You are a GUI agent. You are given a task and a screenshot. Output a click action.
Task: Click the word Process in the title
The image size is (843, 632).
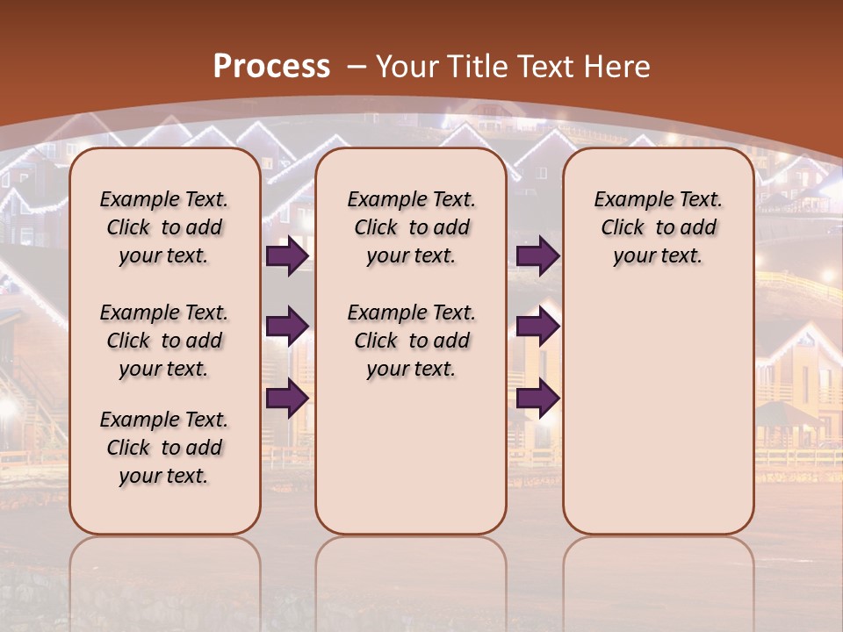[x=271, y=66]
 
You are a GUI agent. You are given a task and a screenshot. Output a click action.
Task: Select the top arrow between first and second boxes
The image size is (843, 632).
[x=287, y=255]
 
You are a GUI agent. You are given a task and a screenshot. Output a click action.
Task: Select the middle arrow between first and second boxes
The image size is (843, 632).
[x=287, y=327]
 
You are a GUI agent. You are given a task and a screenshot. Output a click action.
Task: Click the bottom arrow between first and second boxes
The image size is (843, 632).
[x=287, y=398]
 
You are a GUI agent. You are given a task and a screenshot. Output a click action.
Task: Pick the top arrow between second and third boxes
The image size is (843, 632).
[x=537, y=255]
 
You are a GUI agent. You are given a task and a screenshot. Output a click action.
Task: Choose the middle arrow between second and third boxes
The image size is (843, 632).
[x=537, y=327]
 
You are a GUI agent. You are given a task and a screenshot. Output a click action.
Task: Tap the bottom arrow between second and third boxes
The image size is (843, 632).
[x=537, y=398]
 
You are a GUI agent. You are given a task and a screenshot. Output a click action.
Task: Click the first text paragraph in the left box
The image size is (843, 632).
[x=164, y=227]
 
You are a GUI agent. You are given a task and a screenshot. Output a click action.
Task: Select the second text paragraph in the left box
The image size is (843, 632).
[x=164, y=341]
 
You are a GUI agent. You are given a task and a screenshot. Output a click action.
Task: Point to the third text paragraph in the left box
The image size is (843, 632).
[x=164, y=448]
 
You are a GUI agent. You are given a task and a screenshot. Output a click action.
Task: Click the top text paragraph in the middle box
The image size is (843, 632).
[x=411, y=227]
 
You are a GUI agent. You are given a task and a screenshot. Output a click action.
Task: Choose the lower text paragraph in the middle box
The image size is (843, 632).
[x=411, y=341]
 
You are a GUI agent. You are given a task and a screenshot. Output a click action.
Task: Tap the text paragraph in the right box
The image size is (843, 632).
[x=659, y=227]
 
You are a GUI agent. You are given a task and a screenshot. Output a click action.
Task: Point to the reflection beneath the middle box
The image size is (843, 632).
[x=411, y=579]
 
